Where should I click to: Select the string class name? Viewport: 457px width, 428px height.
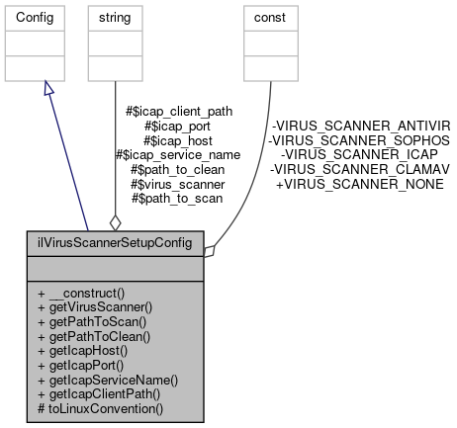point(115,18)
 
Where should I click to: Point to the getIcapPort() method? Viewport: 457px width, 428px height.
point(91,364)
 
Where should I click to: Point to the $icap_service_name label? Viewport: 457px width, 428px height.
point(178,155)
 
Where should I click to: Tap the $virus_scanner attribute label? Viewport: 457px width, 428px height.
point(179,184)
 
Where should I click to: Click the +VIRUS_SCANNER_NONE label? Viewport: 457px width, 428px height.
point(359,184)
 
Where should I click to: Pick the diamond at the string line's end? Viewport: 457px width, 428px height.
point(115,221)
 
